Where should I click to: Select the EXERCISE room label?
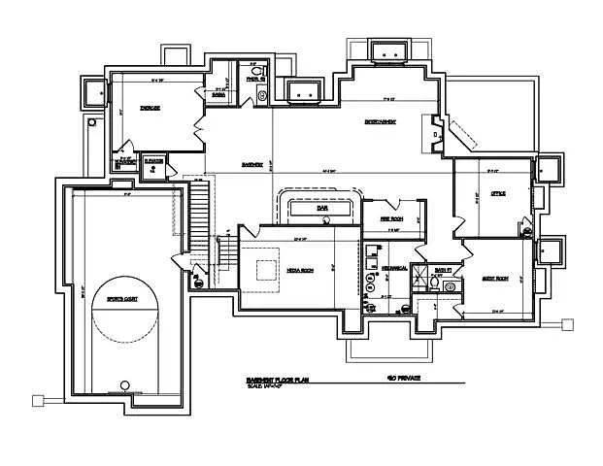150,108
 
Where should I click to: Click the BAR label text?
320,208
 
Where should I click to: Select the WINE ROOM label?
391,220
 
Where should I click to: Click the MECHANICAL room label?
393,267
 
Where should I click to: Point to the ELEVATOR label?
153,161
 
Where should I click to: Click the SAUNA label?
219,94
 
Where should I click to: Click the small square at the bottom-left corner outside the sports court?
38,399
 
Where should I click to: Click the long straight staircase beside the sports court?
199,214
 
